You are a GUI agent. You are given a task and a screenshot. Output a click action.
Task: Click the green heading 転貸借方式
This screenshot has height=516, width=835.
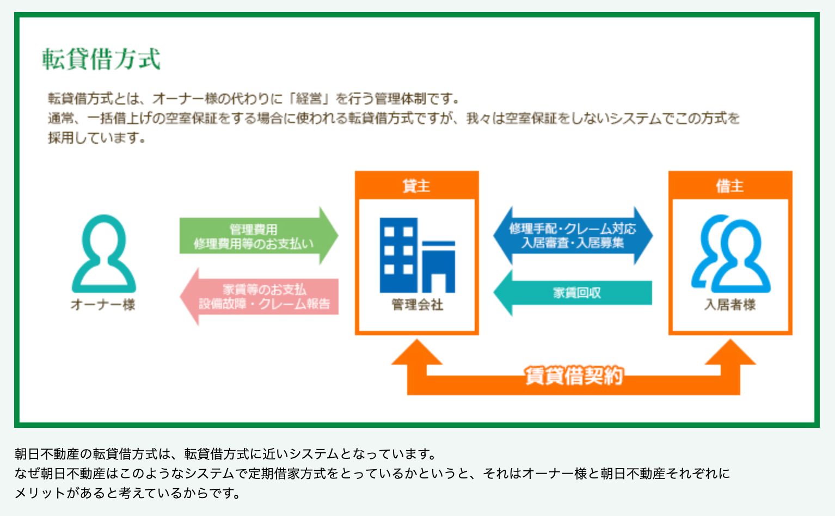[101, 59]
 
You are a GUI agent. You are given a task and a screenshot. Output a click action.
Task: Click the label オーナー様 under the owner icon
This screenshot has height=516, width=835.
[103, 305]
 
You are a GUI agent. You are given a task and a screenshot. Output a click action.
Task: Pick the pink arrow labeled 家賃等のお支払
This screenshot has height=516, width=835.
[261, 297]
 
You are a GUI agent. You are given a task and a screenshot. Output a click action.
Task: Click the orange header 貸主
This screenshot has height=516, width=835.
[416, 186]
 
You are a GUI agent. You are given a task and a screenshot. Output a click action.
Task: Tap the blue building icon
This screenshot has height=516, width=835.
[417, 255]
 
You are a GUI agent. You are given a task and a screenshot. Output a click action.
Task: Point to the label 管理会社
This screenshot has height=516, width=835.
[417, 305]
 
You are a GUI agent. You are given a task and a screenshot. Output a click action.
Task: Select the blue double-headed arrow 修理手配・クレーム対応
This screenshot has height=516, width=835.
[573, 236]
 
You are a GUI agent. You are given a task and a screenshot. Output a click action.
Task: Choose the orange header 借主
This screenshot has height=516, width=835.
[730, 186]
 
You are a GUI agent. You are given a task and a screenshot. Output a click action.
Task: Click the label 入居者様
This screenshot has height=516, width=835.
[730, 305]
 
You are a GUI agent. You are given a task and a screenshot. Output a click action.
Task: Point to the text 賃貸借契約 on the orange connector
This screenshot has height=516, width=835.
[574, 376]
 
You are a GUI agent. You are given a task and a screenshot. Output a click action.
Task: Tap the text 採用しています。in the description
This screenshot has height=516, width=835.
[97, 138]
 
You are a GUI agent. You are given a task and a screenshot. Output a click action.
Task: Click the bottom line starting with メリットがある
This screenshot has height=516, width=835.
[127, 493]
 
